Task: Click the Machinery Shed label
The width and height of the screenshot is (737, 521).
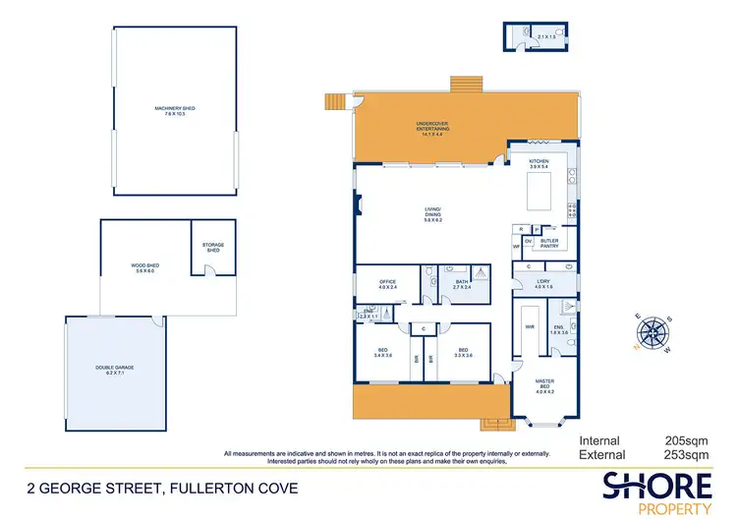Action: pyautogui.click(x=176, y=111)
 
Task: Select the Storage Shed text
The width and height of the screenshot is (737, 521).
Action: pyautogui.click(x=213, y=247)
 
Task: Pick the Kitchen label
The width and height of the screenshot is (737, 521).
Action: pyautogui.click(x=539, y=163)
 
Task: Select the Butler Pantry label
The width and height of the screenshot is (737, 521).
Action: pyautogui.click(x=548, y=243)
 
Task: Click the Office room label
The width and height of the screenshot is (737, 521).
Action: pyautogui.click(x=387, y=284)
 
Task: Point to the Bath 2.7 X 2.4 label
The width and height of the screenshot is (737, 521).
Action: pyautogui.click(x=461, y=284)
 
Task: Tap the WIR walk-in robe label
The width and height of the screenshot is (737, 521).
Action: pyautogui.click(x=530, y=327)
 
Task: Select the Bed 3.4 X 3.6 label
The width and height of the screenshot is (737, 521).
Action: pyautogui.click(x=383, y=352)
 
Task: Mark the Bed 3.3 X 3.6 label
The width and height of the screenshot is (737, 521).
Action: pyautogui.click(x=462, y=352)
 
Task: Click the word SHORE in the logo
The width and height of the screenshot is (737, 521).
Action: pyautogui.click(x=657, y=485)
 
